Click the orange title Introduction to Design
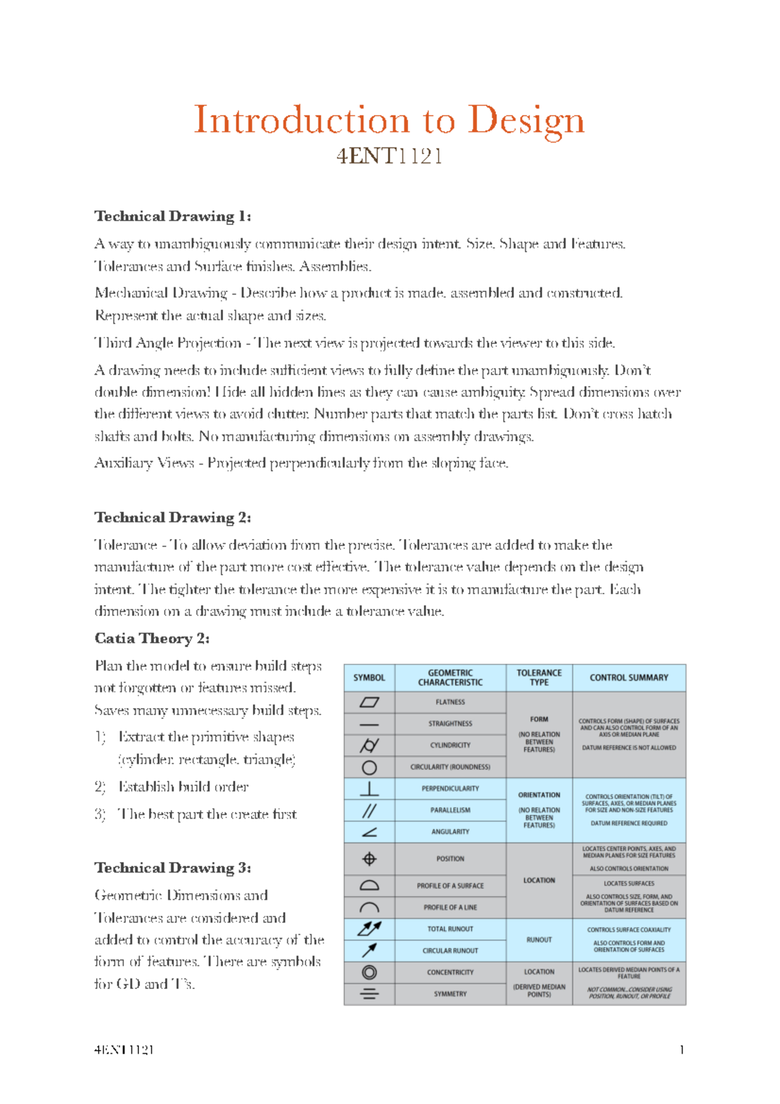pos(389,121)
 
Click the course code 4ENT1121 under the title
pos(389,157)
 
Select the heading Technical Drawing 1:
pos(172,217)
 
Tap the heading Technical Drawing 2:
pos(172,518)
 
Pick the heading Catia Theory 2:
pos(151,638)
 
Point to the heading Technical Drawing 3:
pos(172,868)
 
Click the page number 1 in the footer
pos(681,1049)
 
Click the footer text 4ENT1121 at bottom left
pos(123,1049)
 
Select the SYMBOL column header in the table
pos(369,677)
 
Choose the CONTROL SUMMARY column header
pos(629,677)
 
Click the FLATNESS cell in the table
pos(450,702)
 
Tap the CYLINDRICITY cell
pos(450,745)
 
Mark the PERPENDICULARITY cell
pos(450,789)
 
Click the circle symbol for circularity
pos(369,767)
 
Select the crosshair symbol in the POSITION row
pos(369,859)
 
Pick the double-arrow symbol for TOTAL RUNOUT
pos(369,928)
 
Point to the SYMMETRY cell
pos(450,993)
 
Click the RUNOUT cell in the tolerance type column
pos(539,940)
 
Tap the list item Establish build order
pos(183,787)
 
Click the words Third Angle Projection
pos(168,343)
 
